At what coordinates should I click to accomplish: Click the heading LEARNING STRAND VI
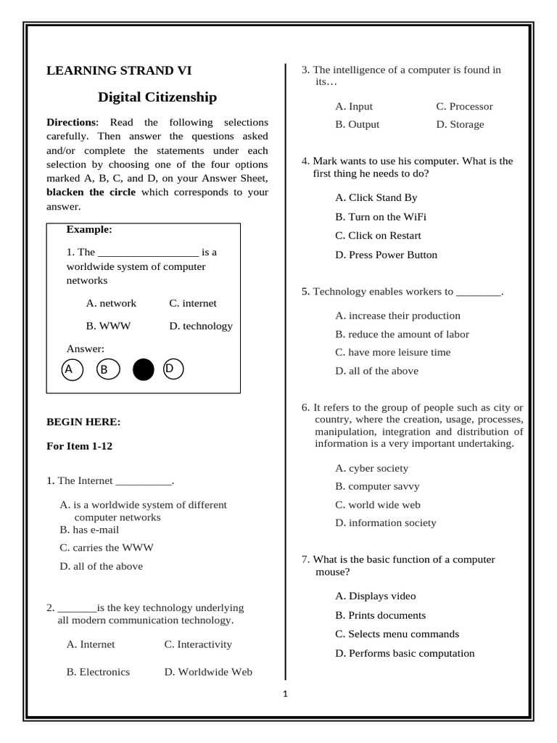tap(119, 70)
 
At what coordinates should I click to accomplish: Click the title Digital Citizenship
tap(157, 97)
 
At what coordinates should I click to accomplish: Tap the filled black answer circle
tap(144, 370)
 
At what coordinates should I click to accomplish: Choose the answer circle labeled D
tap(173, 369)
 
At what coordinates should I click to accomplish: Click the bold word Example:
tap(89, 229)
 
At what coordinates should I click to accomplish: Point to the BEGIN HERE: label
tap(83, 422)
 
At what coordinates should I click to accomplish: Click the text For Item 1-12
tap(79, 446)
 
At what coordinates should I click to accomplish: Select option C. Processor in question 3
tap(464, 107)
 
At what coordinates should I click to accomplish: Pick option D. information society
tap(386, 522)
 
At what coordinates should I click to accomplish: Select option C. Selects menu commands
tap(397, 633)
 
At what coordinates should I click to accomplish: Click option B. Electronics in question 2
tap(98, 672)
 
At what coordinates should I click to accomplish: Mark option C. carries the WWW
tap(107, 548)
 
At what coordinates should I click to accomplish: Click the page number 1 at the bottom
tap(285, 694)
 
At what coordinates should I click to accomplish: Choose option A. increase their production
tap(397, 316)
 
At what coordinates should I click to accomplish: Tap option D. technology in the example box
tap(201, 326)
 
